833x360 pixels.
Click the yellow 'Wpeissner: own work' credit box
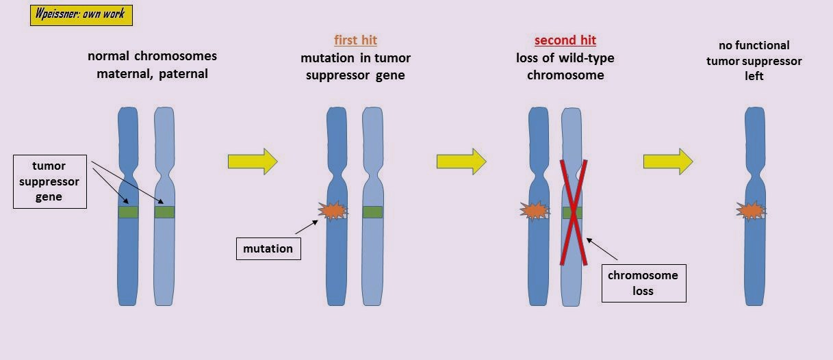(81, 15)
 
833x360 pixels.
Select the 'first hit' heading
(355, 40)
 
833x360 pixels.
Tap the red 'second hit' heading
(565, 40)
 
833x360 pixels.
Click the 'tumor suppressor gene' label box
(50, 181)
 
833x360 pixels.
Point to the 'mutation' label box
(268, 248)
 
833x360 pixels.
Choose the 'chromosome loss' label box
(643, 283)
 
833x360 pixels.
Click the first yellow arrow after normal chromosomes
(252, 162)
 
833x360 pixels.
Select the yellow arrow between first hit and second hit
(461, 162)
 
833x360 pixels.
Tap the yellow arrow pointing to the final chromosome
(667, 162)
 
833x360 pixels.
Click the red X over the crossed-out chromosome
(572, 211)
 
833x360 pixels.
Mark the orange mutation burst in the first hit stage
(332, 211)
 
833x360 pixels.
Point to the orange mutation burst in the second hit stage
(535, 211)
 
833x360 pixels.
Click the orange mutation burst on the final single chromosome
(751, 211)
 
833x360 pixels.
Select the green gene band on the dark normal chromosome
(129, 212)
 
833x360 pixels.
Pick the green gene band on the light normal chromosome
(164, 212)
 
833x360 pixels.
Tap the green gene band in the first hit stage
(372, 212)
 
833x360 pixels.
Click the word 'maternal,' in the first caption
(126, 73)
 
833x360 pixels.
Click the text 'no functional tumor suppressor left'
(754, 61)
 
